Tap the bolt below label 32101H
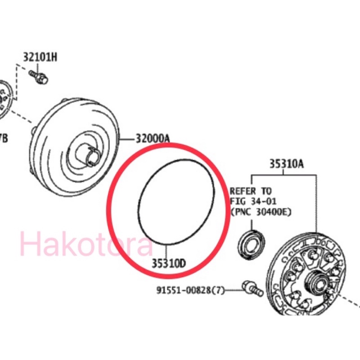click(x=40, y=78)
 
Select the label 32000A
click(x=153, y=139)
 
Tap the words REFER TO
click(x=251, y=191)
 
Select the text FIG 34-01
click(x=253, y=201)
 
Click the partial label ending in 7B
click(x=3, y=138)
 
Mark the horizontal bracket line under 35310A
click(x=285, y=174)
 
